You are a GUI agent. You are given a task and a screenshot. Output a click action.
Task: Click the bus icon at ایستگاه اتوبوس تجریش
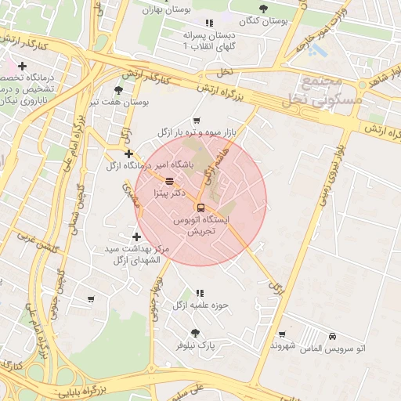[x=200, y=208]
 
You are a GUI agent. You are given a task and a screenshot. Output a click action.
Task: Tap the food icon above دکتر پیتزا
[x=170, y=181]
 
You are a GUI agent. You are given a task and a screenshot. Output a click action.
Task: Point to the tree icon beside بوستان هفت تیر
[x=118, y=90]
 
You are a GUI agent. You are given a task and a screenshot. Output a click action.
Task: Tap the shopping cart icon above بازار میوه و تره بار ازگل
[x=196, y=121]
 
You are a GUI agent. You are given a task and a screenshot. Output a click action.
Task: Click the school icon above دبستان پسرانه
[x=208, y=23]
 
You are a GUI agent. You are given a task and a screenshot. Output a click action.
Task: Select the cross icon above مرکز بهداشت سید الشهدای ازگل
[x=137, y=237]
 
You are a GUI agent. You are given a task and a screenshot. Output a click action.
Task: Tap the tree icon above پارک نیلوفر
[x=195, y=333]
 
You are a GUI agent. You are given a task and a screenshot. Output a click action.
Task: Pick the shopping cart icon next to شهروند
[x=281, y=333]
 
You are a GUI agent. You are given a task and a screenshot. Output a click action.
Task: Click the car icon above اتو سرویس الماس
[x=334, y=335]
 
